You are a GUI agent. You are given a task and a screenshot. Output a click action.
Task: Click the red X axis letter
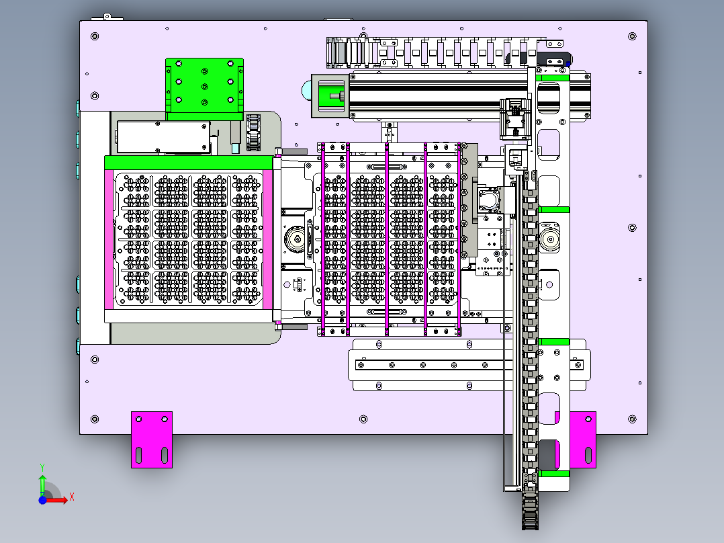(x=72, y=497)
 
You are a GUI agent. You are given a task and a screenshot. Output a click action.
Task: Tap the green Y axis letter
(x=42, y=467)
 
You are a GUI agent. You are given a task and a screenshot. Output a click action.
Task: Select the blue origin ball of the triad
(x=42, y=500)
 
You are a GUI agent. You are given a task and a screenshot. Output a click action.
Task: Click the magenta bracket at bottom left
(x=152, y=440)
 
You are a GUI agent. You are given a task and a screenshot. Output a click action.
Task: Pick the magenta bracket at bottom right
(x=583, y=440)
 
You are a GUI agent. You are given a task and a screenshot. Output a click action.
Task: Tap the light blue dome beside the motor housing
(x=306, y=90)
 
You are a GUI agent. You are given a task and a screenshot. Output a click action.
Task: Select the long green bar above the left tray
(x=189, y=163)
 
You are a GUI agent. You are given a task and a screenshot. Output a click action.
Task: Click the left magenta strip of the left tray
(x=109, y=239)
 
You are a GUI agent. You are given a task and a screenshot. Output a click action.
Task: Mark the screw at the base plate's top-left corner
(x=95, y=36)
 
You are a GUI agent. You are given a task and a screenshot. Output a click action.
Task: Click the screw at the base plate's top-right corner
(x=632, y=36)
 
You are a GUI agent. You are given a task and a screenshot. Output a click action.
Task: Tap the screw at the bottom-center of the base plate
(x=363, y=419)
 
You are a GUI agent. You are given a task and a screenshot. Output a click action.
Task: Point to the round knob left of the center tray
(x=295, y=239)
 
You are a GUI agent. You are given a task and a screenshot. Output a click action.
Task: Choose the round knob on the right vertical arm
(x=549, y=239)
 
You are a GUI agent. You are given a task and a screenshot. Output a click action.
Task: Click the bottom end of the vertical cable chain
(x=530, y=526)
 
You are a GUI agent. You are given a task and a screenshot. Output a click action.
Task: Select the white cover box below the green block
(x=163, y=137)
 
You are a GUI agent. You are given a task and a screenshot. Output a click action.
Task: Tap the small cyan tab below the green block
(x=236, y=149)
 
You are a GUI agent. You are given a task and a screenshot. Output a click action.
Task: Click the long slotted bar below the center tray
(x=469, y=365)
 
